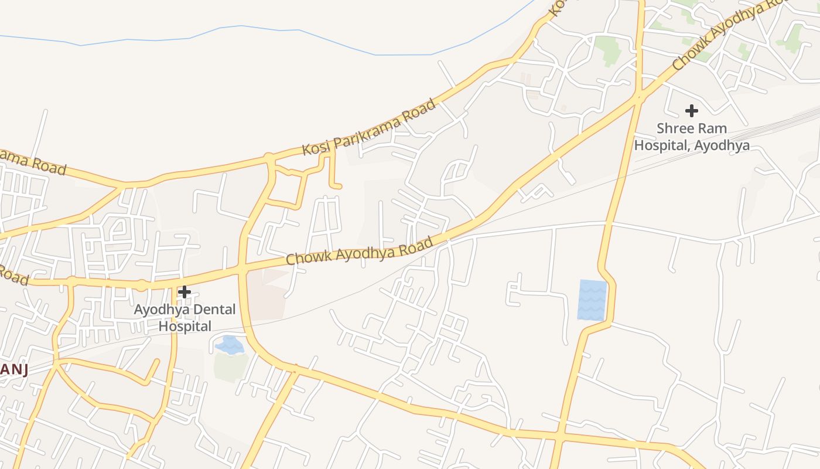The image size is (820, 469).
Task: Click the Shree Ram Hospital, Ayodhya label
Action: point(692,137)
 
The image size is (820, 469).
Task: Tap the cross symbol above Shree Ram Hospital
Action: point(692,110)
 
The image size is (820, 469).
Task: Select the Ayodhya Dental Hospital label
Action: point(184,317)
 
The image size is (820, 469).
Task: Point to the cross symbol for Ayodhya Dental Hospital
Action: point(184,291)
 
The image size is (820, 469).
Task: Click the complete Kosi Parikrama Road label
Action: point(370,127)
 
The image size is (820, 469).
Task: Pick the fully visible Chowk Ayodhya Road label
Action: point(360,251)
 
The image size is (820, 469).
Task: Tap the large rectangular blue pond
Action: point(592,300)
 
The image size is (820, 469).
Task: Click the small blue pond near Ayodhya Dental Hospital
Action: point(230,345)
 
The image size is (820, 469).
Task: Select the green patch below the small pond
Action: point(231,366)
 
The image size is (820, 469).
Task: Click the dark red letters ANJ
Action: point(13,370)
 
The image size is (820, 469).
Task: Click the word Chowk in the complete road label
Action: point(305,257)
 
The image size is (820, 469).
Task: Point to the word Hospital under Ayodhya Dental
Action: point(184,326)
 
